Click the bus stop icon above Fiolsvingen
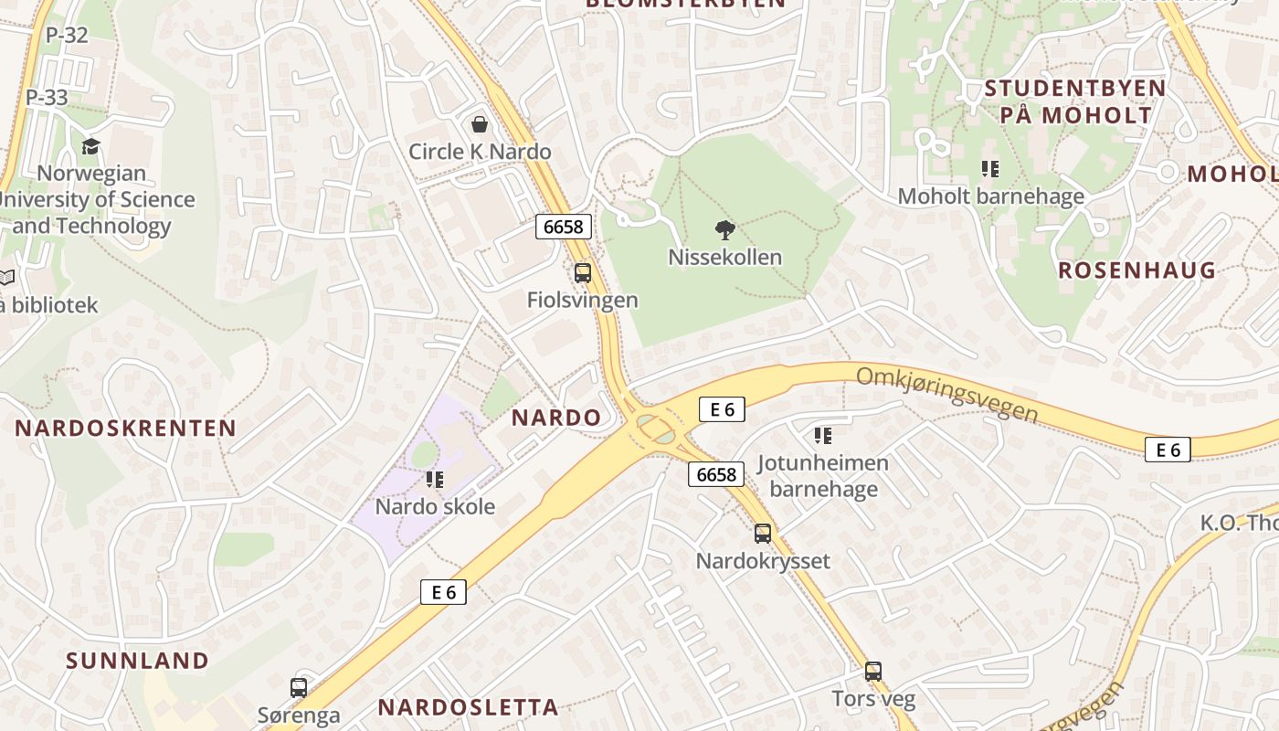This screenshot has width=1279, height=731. point(583,272)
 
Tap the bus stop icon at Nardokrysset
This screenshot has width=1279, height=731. point(763,534)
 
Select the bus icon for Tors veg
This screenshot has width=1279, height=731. point(873,672)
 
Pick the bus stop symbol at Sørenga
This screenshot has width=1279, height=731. point(299,687)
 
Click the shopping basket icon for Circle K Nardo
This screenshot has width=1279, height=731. point(480,124)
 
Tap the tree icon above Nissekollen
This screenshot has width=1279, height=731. point(725,229)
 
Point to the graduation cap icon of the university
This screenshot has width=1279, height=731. point(90,146)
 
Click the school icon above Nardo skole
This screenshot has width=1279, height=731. point(435,479)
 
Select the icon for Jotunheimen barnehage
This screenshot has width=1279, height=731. point(823,436)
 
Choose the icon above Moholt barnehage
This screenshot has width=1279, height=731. point(990,169)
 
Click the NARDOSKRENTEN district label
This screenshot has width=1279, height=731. point(125,428)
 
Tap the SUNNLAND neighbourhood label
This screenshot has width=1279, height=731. point(138,661)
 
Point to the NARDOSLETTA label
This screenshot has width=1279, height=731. point(468,707)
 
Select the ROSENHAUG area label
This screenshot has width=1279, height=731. point(1137,270)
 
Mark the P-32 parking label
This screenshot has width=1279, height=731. point(67,36)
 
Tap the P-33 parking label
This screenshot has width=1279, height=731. point(47,97)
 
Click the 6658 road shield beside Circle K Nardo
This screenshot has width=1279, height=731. point(564,226)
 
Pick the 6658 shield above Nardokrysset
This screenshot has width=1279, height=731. point(716,474)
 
